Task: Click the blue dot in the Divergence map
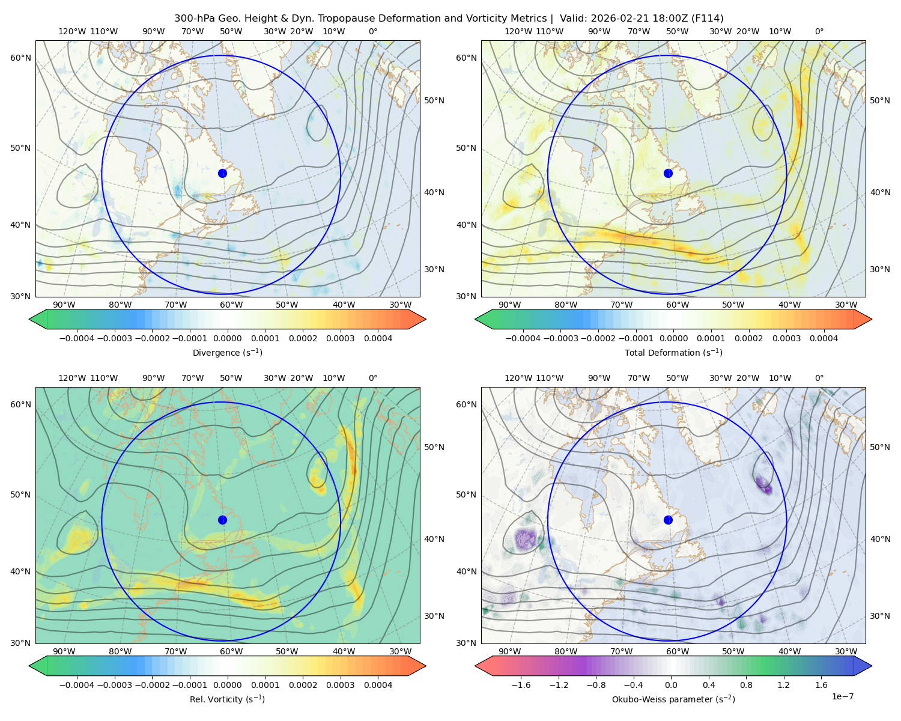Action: [x=222, y=174]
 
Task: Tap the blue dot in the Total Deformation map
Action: [x=668, y=174]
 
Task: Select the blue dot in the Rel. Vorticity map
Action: [x=222, y=520]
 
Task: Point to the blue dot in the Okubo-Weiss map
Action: [x=668, y=520]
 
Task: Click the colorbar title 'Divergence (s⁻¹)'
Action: [x=227, y=352]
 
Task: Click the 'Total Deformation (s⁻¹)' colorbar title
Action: [x=673, y=352]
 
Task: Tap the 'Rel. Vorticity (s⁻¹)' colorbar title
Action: [x=227, y=699]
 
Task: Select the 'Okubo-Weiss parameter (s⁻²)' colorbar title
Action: [x=673, y=699]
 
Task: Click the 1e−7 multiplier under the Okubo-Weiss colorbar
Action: [x=842, y=696]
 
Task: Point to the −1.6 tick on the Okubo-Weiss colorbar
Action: [x=521, y=685]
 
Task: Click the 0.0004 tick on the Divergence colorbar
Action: [x=378, y=338]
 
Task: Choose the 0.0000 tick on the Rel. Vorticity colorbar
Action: [x=227, y=685]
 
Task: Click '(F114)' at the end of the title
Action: [x=708, y=19]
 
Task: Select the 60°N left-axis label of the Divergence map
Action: [x=20, y=58]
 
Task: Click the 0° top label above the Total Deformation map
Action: [x=819, y=31]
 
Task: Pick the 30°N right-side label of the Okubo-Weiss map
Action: [x=880, y=616]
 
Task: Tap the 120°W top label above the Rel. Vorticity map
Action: [x=72, y=378]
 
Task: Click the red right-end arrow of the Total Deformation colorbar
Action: [x=863, y=319]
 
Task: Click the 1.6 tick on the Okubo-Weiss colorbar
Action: [x=822, y=685]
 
